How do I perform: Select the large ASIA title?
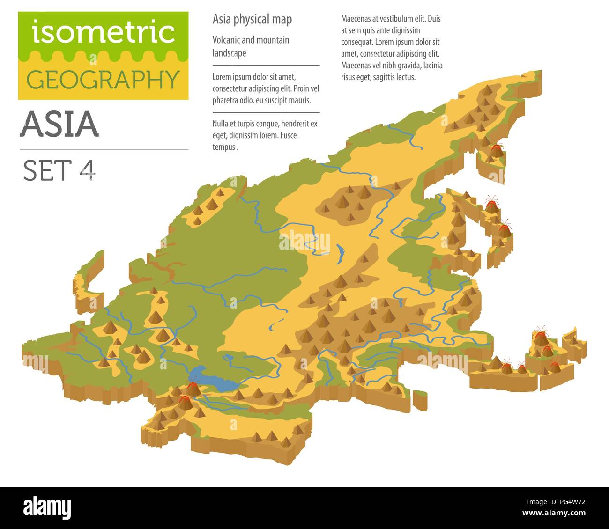pyautogui.click(x=59, y=124)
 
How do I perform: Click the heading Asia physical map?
pyautogui.click(x=252, y=19)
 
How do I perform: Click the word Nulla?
pyautogui.click(x=222, y=124)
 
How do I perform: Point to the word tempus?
pyautogui.click(x=224, y=147)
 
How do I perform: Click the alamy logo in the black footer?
pyautogui.click(x=47, y=507)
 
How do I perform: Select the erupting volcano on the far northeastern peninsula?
pyautogui.click(x=495, y=151)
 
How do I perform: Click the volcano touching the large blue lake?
pyautogui.click(x=192, y=388)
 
